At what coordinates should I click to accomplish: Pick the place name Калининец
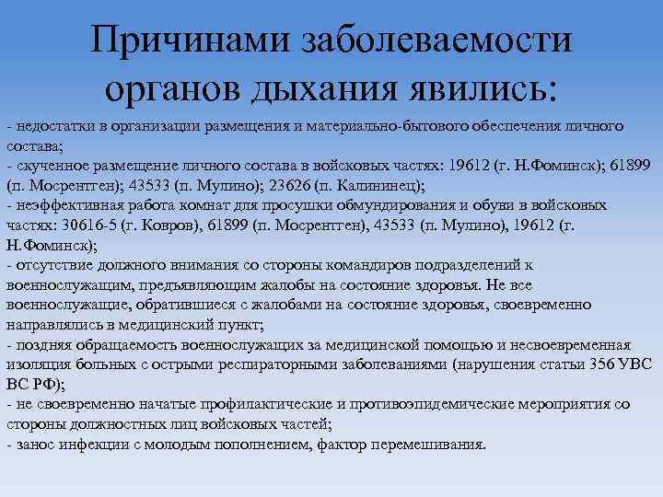click(x=375, y=184)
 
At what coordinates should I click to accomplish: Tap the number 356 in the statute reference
click(x=586, y=364)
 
